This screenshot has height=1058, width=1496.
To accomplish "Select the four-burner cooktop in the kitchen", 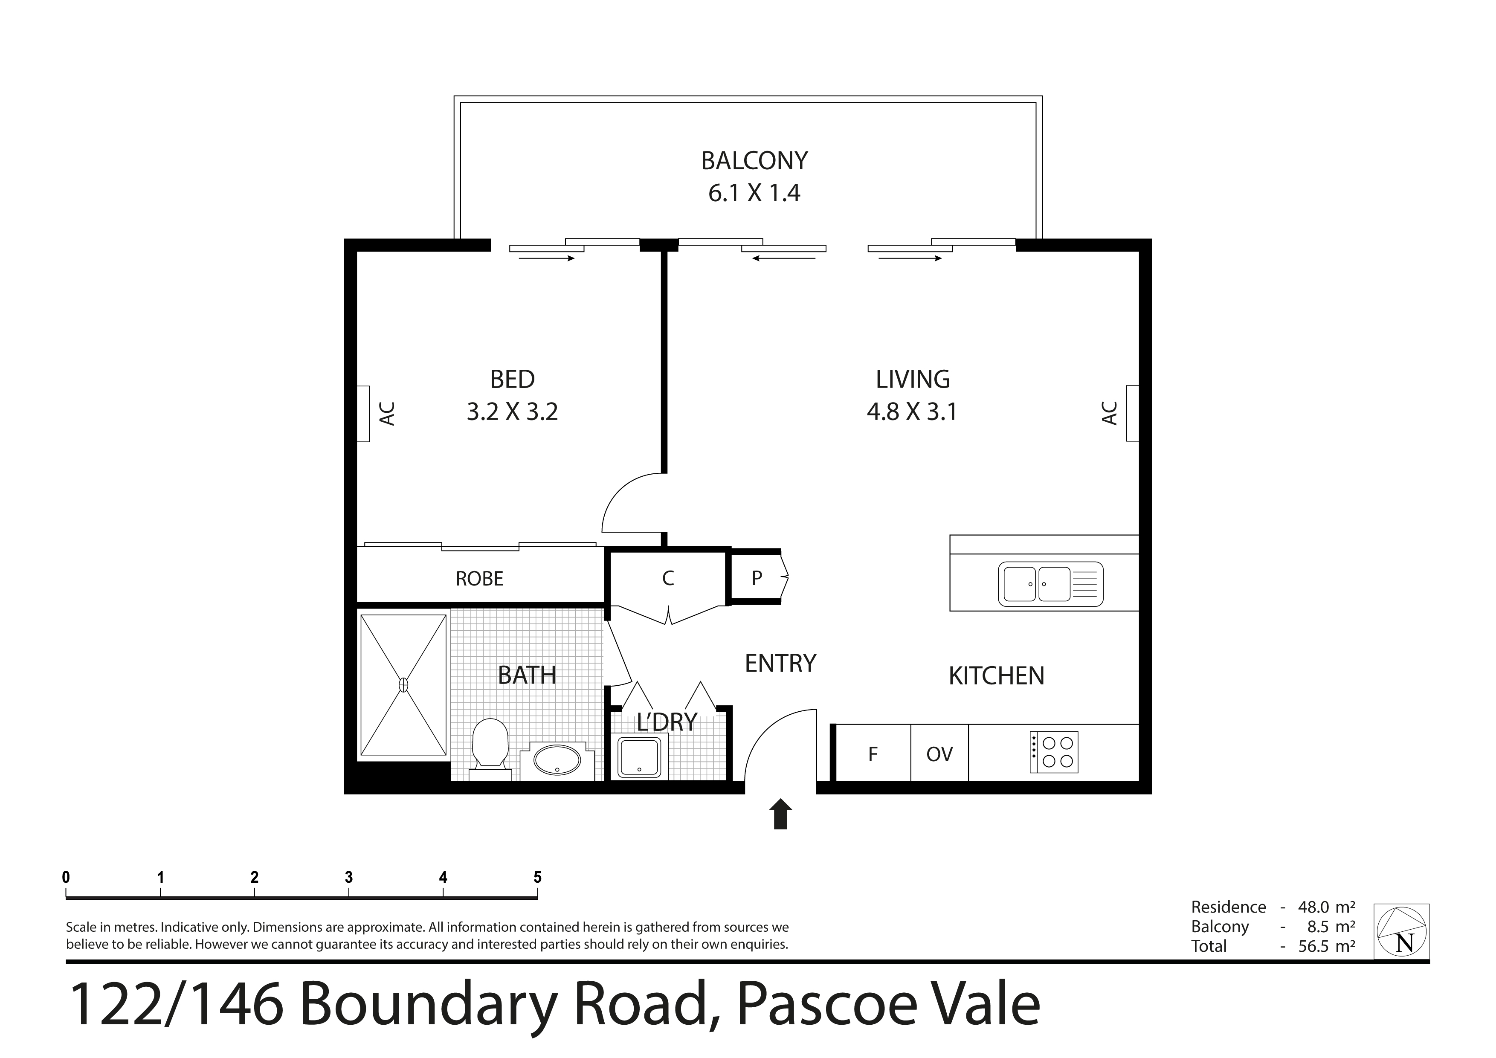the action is click(1054, 753).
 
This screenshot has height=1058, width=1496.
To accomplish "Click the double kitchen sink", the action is click(1050, 584).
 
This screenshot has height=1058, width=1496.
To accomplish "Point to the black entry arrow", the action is click(780, 815).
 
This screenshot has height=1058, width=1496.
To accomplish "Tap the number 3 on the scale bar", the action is click(348, 878).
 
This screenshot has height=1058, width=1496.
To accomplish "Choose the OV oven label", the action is click(939, 754).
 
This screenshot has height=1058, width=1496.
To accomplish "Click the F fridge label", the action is click(873, 754).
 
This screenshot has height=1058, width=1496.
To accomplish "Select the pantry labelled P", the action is click(755, 577).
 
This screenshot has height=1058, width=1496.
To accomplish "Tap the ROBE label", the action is click(480, 579).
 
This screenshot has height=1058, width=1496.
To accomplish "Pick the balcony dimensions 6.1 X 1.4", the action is click(754, 193).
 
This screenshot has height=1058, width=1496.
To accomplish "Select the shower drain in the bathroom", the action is click(403, 685).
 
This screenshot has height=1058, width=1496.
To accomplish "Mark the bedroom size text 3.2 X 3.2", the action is click(512, 412).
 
